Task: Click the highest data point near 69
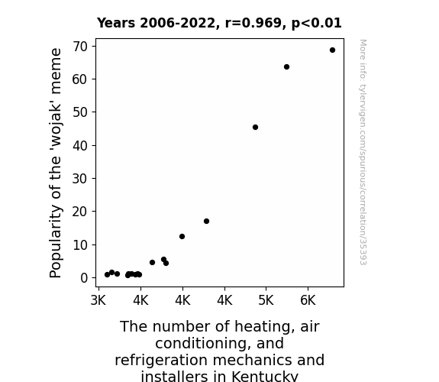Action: (x=332, y=50)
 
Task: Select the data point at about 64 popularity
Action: (x=286, y=67)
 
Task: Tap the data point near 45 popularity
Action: (x=255, y=128)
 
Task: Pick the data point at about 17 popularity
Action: (x=206, y=221)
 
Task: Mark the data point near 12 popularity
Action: (x=182, y=237)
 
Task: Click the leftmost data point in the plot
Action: (x=107, y=275)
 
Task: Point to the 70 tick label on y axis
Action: (x=80, y=47)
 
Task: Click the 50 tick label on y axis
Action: (x=80, y=112)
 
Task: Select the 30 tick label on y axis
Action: (x=80, y=179)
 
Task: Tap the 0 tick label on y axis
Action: (x=84, y=278)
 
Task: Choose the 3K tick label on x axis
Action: (x=98, y=300)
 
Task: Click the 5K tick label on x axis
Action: (x=266, y=300)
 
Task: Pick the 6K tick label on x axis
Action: (x=308, y=300)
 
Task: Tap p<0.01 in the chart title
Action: (x=317, y=23)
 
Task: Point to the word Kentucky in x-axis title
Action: (x=265, y=377)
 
